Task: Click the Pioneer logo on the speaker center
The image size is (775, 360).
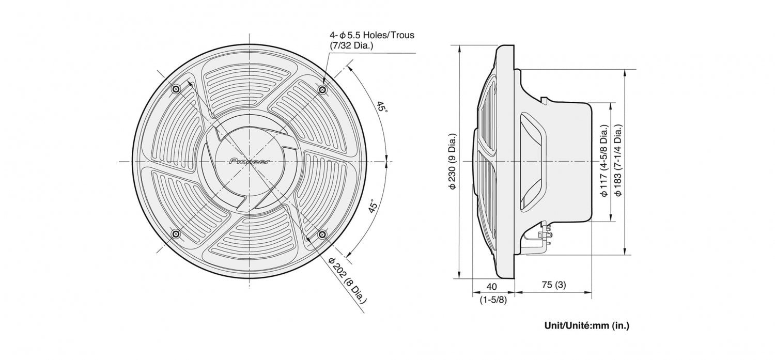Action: tap(250, 162)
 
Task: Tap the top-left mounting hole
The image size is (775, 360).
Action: tap(176, 90)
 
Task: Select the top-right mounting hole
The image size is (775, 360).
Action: tap(322, 90)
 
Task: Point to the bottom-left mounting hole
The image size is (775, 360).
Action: tap(176, 236)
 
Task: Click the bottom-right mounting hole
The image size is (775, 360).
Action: tap(322, 236)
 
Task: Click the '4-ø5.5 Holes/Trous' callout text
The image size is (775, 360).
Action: tap(372, 35)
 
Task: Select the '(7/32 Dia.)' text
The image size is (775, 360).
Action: tap(351, 45)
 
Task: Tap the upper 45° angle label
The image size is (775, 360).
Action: tap(381, 107)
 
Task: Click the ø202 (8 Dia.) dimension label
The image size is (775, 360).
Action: tap(347, 279)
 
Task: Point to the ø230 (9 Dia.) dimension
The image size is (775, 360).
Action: tap(452, 162)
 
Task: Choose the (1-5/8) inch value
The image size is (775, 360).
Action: tap(493, 299)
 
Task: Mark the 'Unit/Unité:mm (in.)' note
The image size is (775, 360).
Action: tap(587, 325)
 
